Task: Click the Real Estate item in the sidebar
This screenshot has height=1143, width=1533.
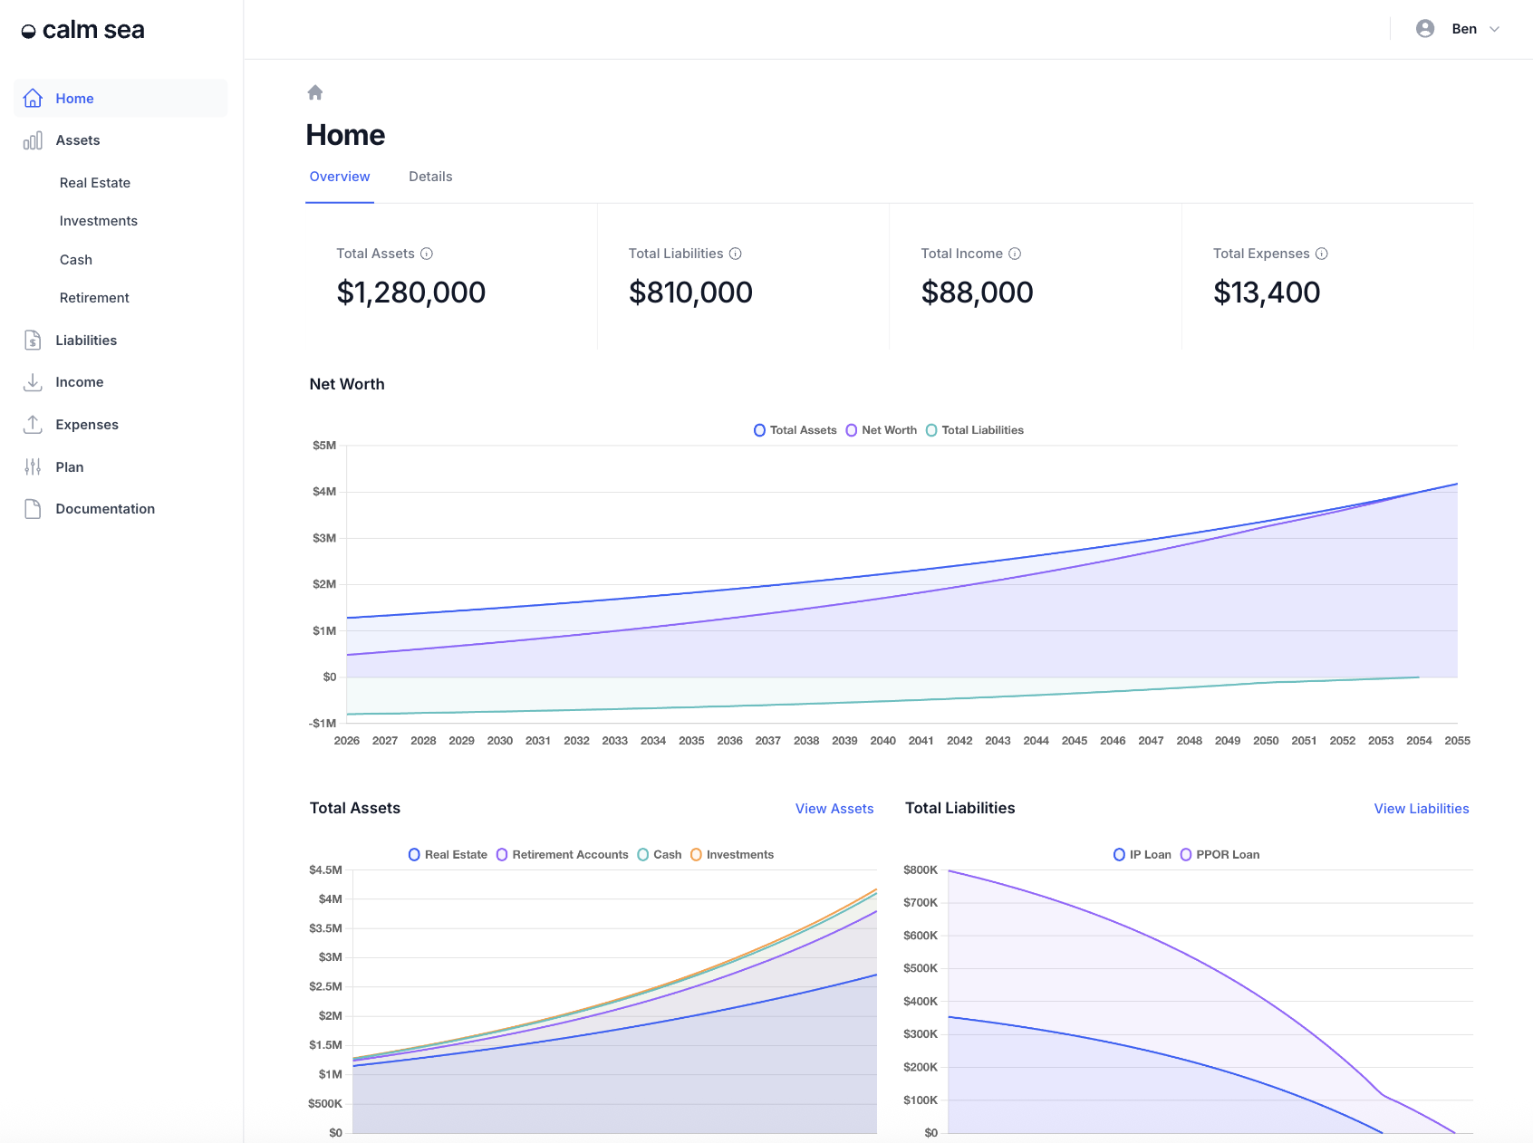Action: point(95,183)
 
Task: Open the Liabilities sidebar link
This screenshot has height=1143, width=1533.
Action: point(86,341)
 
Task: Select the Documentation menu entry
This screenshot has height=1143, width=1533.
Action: point(105,509)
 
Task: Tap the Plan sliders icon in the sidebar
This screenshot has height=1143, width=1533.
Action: point(33,467)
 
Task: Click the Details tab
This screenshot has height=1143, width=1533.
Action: point(430,177)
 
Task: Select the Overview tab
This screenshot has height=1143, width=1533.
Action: point(340,177)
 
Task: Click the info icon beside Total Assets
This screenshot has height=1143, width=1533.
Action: point(427,254)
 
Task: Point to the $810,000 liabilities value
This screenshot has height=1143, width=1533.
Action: point(690,293)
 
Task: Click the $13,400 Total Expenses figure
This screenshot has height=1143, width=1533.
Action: point(1267,293)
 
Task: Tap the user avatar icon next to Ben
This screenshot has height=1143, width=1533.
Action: point(1425,29)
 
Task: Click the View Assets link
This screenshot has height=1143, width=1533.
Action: point(834,809)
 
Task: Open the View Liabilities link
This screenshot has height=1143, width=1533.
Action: point(1422,809)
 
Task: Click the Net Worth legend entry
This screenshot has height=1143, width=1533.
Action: point(882,430)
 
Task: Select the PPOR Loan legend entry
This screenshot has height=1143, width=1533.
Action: point(1220,855)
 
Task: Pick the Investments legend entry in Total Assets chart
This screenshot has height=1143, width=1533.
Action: point(732,855)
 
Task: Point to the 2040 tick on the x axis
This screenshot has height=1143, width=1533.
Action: point(882,741)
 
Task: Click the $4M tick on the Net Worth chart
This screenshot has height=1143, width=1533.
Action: point(324,492)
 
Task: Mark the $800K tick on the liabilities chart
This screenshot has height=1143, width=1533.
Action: point(921,870)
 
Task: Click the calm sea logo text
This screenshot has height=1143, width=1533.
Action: point(93,30)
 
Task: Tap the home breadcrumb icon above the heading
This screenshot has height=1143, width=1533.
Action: point(315,92)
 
